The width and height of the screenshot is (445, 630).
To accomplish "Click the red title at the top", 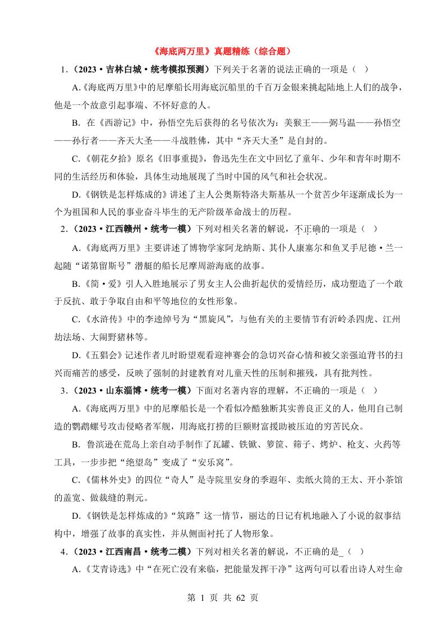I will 222,51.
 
